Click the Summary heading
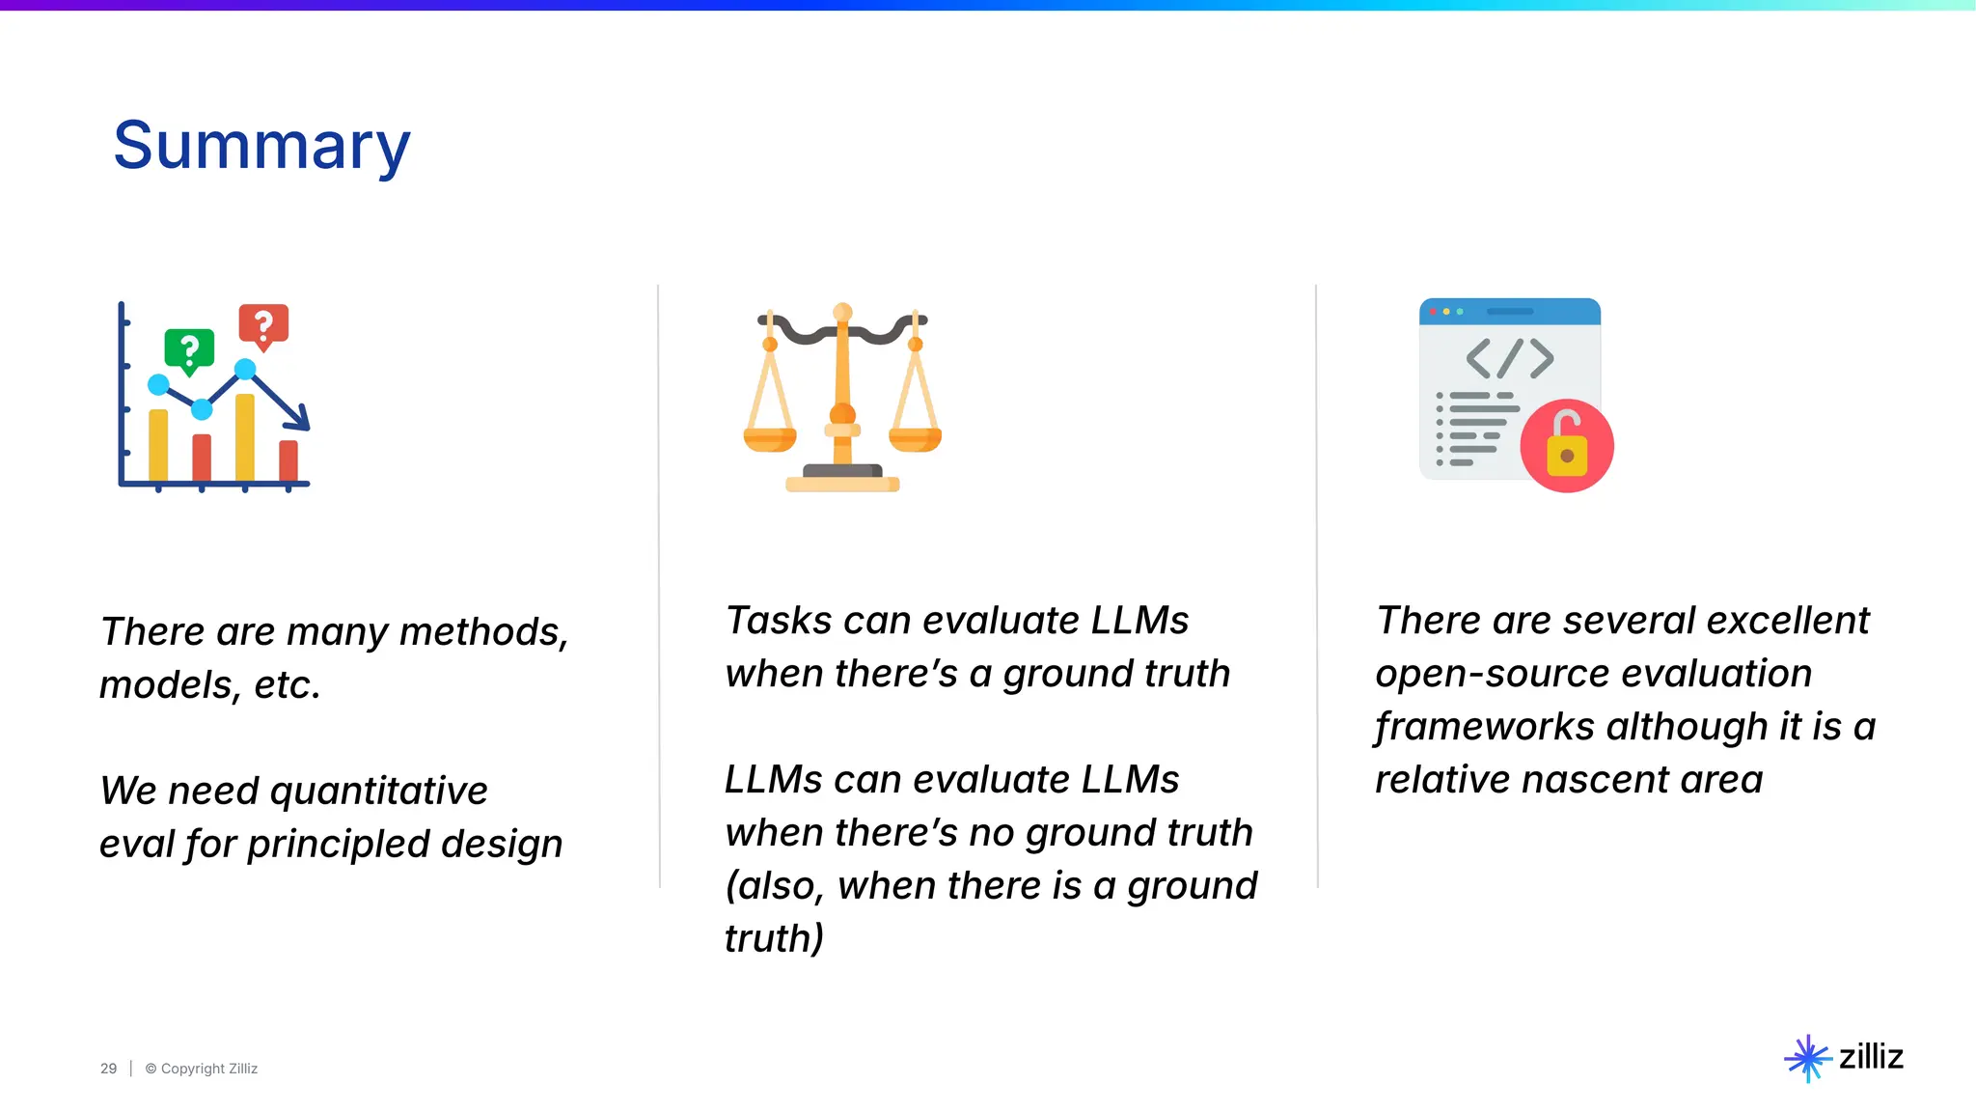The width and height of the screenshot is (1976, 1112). point(261,146)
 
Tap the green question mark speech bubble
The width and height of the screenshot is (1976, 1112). point(189,348)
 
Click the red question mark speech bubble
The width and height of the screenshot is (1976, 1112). point(263,325)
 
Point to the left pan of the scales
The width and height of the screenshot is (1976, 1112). point(769,439)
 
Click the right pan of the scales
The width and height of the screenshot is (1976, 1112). point(915,439)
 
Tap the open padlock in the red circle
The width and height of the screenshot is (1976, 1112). point(1567,446)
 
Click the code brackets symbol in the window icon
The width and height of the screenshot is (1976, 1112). point(1510,358)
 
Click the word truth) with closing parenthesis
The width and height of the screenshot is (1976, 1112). point(774,938)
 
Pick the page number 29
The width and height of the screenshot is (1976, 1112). point(108,1069)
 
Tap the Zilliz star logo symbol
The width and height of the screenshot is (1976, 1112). point(1807,1058)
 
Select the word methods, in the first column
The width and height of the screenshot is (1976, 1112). point(483,632)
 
